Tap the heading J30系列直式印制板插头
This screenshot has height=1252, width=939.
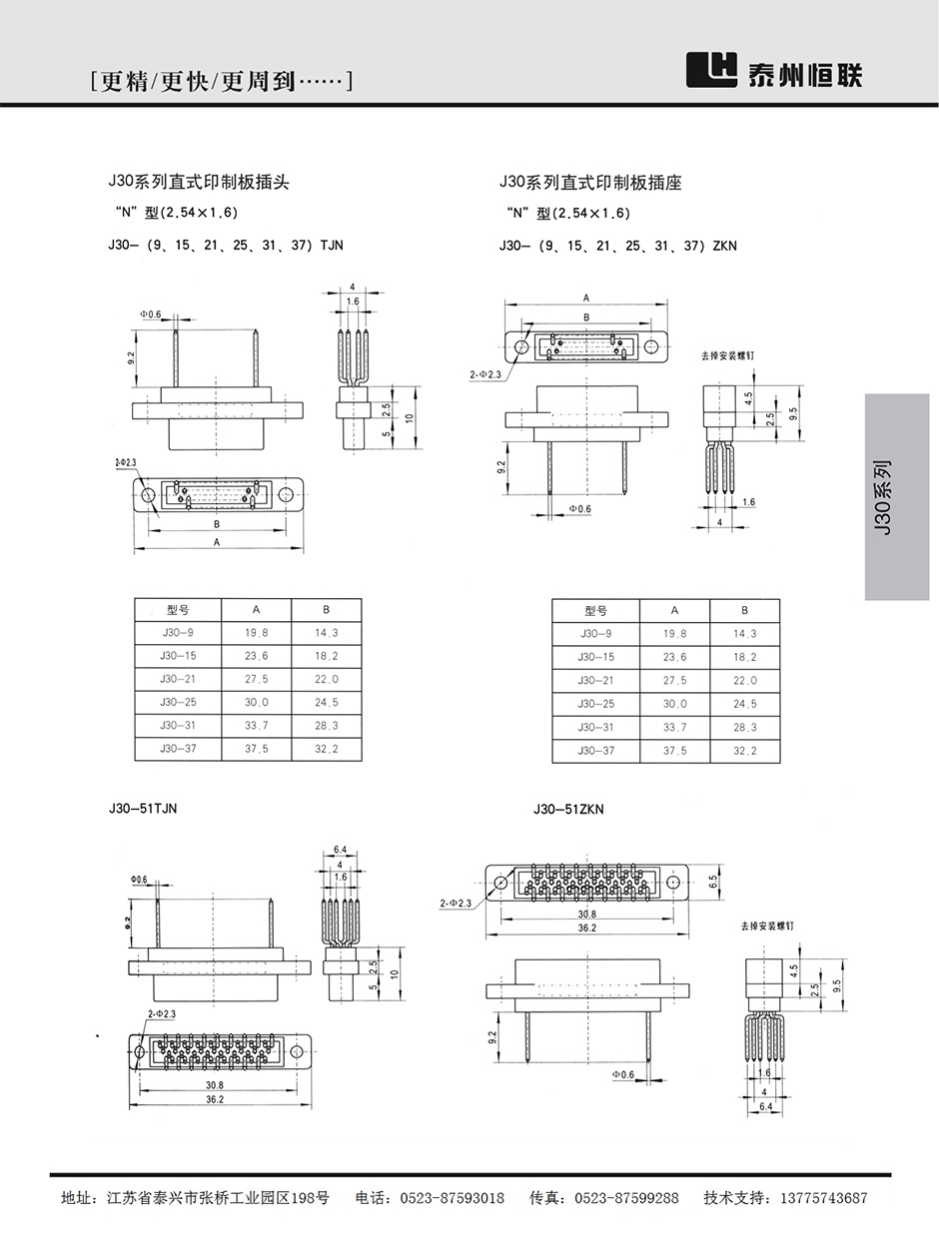198,182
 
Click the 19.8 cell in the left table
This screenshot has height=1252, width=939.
256,633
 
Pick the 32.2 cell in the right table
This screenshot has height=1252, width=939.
744,751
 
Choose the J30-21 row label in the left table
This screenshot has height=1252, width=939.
178,679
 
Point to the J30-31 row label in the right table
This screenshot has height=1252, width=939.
595,727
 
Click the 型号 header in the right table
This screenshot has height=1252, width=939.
595,610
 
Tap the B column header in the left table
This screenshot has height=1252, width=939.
326,609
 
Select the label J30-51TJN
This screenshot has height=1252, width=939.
143,809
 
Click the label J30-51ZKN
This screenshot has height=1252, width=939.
568,810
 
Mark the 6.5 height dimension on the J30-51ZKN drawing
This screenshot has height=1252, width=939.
713,883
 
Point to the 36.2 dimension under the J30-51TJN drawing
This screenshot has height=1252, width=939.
214,1099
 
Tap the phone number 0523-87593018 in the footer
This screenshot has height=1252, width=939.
453,1198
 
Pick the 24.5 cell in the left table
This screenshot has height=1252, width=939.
326,703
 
